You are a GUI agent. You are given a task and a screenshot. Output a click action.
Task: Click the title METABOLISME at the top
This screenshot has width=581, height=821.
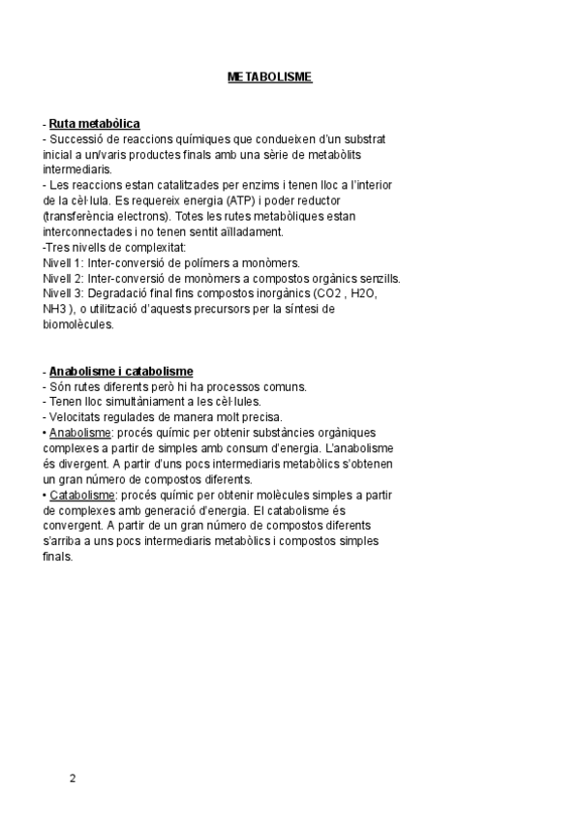pyautogui.click(x=269, y=76)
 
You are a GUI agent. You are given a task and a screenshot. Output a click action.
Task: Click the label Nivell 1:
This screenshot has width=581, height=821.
pyautogui.click(x=64, y=263)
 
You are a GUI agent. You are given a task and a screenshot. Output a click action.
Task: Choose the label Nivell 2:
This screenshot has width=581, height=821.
pyautogui.click(x=64, y=279)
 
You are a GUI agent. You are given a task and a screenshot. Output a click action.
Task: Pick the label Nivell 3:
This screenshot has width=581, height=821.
pyautogui.click(x=64, y=294)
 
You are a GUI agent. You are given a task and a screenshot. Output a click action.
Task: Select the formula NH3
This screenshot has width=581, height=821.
pyautogui.click(x=55, y=310)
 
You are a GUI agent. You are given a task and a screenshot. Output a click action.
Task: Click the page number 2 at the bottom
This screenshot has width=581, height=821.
pyautogui.click(x=72, y=777)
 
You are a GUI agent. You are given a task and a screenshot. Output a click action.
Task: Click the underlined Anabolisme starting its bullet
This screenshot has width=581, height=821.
pyautogui.click(x=80, y=433)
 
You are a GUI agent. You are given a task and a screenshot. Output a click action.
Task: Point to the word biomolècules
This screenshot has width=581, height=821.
pyautogui.click(x=78, y=325)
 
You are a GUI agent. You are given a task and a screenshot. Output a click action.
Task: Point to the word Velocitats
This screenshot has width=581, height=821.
pyautogui.click(x=76, y=417)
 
